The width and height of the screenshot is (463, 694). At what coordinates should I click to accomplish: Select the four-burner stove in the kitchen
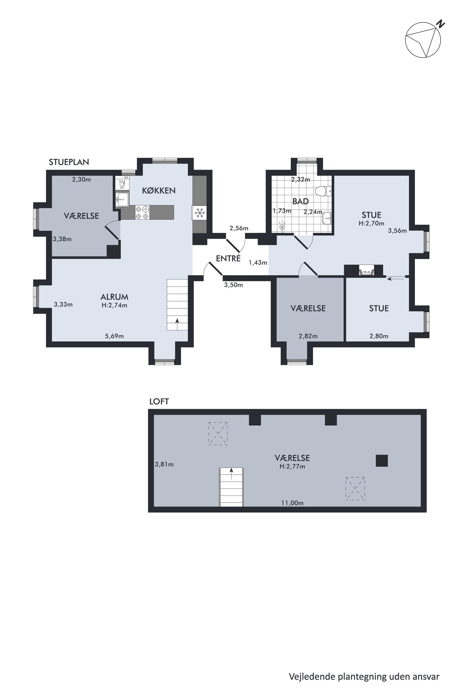pos(142,213)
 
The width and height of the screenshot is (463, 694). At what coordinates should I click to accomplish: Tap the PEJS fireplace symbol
pos(366,271)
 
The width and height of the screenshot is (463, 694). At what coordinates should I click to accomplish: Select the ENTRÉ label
pos(228,258)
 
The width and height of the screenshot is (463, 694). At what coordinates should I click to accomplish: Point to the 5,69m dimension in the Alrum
pos(114,336)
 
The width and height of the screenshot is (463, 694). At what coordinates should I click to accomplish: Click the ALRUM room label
pos(114,297)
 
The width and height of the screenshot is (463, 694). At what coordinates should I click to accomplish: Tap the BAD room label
pos(301,201)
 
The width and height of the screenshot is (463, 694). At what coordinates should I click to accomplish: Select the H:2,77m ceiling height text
pos(292,466)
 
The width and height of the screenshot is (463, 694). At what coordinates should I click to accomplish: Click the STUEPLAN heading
pos(69,162)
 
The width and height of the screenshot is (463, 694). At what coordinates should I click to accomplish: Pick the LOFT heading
pos(159,402)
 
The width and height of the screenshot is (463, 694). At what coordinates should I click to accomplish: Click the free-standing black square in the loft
pos(382,461)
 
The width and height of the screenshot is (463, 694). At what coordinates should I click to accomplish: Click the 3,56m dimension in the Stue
pos(397,231)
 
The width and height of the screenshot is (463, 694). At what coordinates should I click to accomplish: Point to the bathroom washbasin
pos(327,218)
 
